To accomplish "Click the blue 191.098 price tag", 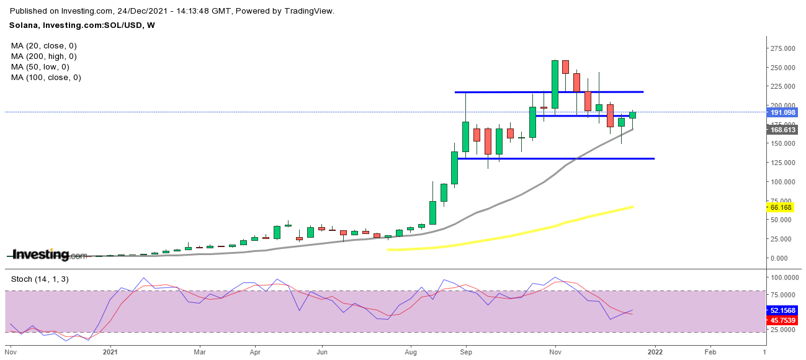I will tap(783, 112).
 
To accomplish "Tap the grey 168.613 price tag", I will tap(783, 129).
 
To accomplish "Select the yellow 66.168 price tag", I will tap(781, 206).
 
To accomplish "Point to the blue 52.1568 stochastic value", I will tap(784, 310).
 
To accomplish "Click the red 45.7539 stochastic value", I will tap(784, 320).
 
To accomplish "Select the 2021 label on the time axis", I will tap(110, 351).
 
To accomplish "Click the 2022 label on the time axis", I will tap(655, 351).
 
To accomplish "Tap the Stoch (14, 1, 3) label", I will tap(40, 279).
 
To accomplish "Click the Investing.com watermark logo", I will tap(50, 254).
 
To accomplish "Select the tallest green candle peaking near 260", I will tap(555, 84).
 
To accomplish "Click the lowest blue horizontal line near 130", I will tap(555, 159).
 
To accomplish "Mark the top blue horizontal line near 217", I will tap(549, 92).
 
